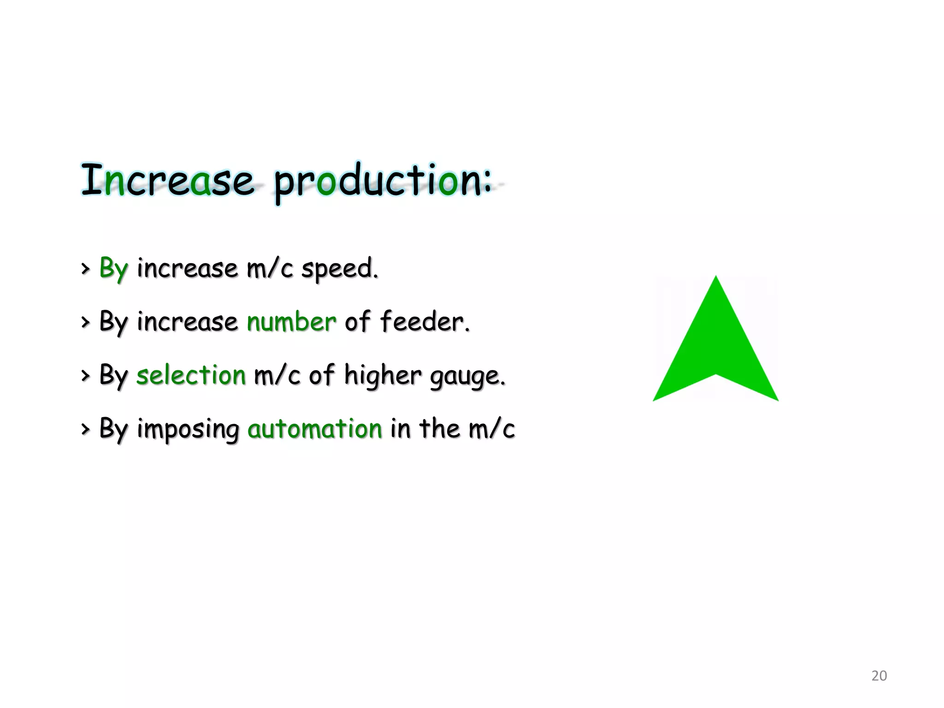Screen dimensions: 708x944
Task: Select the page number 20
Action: [x=879, y=676]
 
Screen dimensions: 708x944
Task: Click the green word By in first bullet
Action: [x=113, y=268]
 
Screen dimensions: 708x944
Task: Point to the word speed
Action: [x=339, y=269]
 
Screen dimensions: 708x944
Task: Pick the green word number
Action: [x=291, y=322]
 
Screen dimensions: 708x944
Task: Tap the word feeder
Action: [x=424, y=321]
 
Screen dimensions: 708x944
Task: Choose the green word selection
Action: [x=191, y=375]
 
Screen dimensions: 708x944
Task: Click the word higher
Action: [x=382, y=375]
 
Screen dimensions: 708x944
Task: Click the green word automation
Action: [x=315, y=429]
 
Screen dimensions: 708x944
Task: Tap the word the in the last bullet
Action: [x=439, y=428]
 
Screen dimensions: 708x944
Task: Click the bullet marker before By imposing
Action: [x=85, y=429]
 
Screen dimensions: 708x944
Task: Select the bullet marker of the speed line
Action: [x=85, y=269]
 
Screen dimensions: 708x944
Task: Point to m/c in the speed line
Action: [x=270, y=268]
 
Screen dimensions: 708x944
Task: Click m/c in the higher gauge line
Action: [x=277, y=375]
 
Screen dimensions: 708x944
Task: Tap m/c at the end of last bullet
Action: [x=491, y=429]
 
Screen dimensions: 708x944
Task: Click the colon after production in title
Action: [x=487, y=182]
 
